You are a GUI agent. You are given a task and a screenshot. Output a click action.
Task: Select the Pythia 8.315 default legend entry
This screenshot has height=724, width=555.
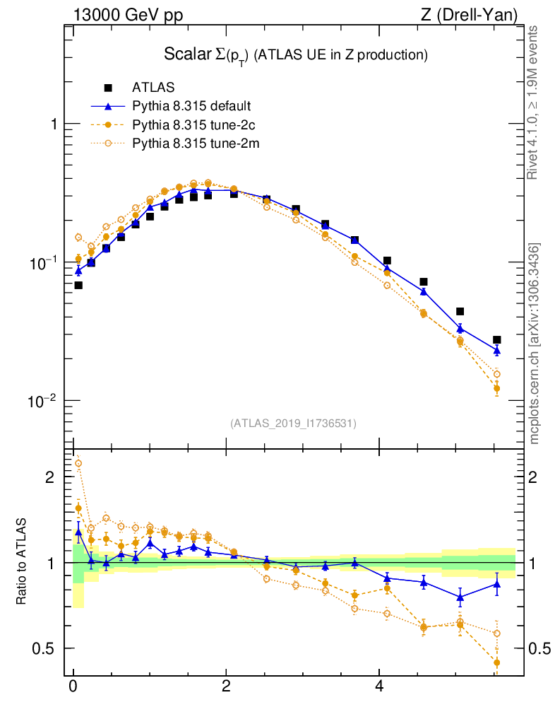(x=191, y=107)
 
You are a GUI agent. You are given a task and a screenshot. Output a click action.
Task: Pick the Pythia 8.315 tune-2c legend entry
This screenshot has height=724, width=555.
(x=191, y=125)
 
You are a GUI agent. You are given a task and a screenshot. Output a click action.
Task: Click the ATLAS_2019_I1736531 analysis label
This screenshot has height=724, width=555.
(x=293, y=423)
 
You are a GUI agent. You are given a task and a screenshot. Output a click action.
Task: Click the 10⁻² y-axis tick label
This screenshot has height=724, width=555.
(x=46, y=400)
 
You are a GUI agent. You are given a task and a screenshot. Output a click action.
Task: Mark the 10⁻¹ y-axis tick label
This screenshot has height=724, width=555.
(x=46, y=262)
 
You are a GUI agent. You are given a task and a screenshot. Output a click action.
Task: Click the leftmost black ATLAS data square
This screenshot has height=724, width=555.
(x=78, y=285)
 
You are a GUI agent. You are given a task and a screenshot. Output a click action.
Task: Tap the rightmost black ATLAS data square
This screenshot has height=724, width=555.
(x=496, y=340)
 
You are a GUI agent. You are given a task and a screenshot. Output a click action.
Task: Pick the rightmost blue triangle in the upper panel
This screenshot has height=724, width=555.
(x=496, y=350)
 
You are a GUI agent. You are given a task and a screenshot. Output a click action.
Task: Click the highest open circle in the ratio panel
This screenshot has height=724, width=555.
(x=78, y=464)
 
